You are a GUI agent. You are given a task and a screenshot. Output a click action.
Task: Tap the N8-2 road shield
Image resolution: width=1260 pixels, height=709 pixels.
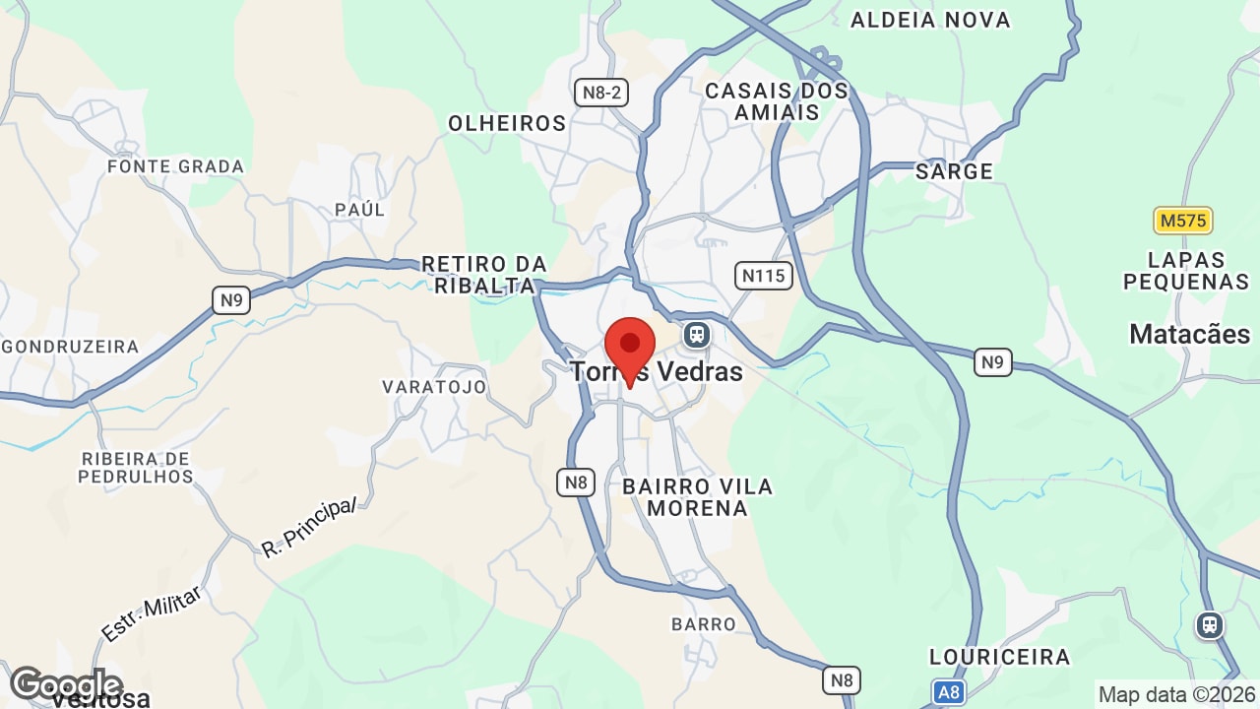[x=601, y=93]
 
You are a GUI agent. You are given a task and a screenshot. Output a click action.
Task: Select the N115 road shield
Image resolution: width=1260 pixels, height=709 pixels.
[x=764, y=275]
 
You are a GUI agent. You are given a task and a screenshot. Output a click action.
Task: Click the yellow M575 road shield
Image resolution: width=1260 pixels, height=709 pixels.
[x=1182, y=221]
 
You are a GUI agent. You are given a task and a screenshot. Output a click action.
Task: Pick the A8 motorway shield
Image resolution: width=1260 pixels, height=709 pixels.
[x=948, y=692]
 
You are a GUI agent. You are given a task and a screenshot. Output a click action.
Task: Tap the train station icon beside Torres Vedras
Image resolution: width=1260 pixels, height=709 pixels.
[x=697, y=335]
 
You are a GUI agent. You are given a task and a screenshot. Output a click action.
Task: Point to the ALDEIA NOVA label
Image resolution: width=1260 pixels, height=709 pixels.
[x=930, y=20]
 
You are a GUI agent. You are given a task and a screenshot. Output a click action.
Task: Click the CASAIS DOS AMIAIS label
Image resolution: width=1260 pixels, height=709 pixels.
[x=777, y=101]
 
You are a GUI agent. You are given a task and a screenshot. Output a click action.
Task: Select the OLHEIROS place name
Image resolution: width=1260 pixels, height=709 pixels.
[x=507, y=123]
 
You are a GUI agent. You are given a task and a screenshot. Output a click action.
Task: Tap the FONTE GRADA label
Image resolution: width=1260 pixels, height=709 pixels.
[x=175, y=166]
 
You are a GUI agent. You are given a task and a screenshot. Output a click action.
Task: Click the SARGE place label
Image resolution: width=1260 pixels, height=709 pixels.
[x=954, y=171]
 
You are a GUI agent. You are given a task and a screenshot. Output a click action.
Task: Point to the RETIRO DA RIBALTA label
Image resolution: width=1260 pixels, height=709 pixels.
[x=483, y=275]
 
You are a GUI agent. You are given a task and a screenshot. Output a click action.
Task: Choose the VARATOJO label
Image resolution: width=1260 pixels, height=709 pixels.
[x=434, y=387]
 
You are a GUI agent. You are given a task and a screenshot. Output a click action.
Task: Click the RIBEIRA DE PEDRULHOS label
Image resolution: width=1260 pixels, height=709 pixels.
[x=137, y=468]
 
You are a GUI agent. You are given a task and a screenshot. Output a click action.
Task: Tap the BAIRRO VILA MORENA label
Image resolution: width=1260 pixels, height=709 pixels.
[x=698, y=497]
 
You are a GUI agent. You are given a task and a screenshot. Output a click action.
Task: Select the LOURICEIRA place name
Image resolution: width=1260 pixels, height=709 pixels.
[x=999, y=657]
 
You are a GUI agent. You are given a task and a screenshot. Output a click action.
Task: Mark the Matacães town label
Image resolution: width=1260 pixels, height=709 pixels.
[x=1189, y=334]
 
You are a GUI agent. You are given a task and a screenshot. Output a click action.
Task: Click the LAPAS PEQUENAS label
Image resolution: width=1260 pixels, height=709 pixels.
[x=1186, y=271]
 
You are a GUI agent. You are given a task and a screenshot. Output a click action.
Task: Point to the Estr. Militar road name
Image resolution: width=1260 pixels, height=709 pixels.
[x=152, y=613]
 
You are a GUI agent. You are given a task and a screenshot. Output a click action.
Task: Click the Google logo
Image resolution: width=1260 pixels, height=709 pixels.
[x=65, y=683]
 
